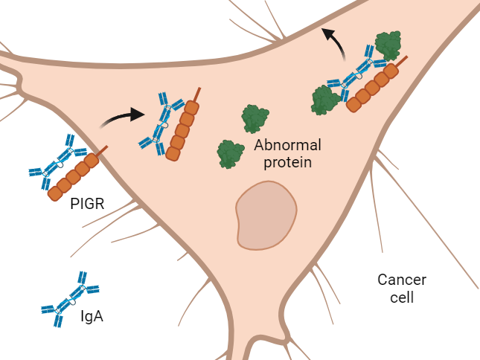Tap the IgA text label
[x=91, y=317]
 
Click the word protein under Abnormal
[x=284, y=161]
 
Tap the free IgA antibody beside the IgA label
[x=71, y=299]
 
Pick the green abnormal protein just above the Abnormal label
[x=255, y=119]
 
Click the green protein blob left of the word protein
[x=231, y=154]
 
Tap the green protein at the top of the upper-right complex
[x=388, y=45]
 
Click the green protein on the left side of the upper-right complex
[x=325, y=100]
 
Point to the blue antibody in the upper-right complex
[x=354, y=74]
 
